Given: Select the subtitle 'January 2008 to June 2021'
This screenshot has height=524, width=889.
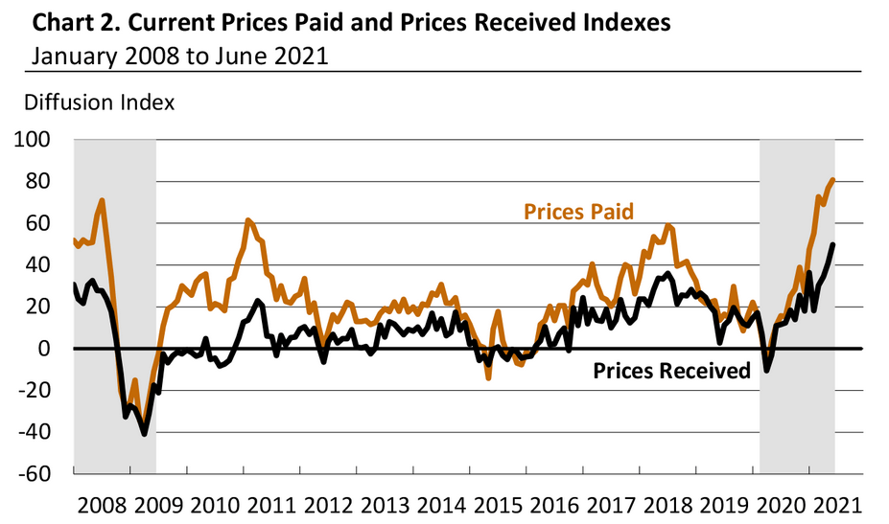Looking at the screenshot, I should pos(179,55).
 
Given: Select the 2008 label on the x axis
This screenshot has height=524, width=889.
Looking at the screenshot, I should pos(101,503).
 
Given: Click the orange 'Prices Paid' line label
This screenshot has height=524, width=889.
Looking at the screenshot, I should pos(578,211).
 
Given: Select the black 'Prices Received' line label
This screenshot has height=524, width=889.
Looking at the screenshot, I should pos(671,371).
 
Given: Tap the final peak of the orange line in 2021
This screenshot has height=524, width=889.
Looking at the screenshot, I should pos(832,179).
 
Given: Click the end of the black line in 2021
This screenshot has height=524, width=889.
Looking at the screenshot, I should pos(832,244).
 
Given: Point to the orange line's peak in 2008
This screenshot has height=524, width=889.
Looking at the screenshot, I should pos(102,200).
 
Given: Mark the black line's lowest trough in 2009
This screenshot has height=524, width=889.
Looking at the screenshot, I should pos(145,433).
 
